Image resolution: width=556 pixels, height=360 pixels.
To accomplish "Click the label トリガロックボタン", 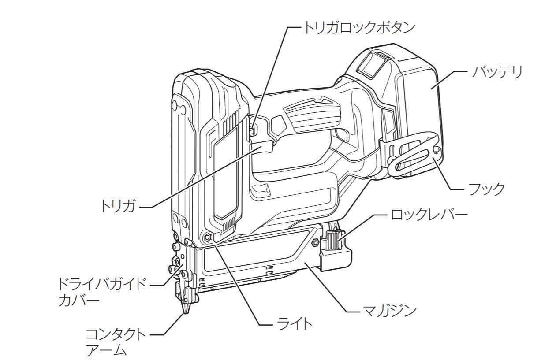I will pyautogui.click(x=358, y=27).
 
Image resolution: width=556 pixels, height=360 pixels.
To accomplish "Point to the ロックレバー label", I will pyautogui.click(x=429, y=215).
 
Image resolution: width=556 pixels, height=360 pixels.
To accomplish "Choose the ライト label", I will pyautogui.click(x=293, y=324).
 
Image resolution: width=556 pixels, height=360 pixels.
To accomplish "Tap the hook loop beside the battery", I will pyautogui.click(x=414, y=156).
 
